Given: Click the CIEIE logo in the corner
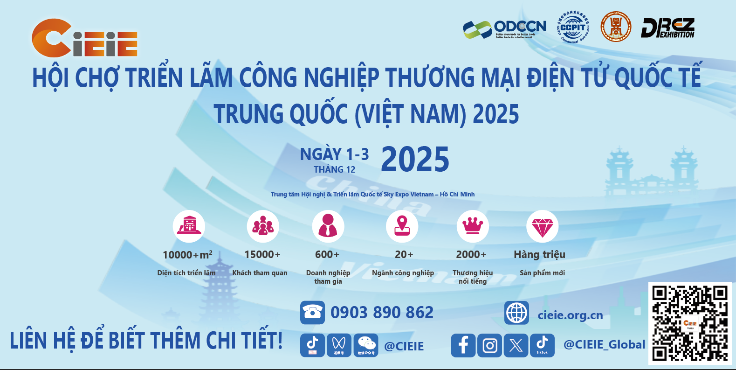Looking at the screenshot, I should (84, 38).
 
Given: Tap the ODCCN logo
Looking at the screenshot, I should (504, 29).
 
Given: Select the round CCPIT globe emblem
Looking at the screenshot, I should (573, 27).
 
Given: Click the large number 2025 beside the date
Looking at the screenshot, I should (415, 160).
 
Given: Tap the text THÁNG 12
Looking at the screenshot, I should (334, 170).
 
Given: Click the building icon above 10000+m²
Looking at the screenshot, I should (189, 226).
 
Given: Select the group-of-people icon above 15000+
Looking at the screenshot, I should (263, 226).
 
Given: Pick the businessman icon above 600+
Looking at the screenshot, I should (328, 226).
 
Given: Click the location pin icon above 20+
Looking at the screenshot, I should (402, 226).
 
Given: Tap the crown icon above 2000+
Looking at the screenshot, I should (473, 226).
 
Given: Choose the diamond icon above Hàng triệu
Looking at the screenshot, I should (542, 226).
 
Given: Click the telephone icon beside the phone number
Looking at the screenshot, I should (312, 313).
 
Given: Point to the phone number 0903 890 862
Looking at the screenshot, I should (382, 313).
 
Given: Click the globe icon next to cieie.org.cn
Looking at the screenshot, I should (516, 313).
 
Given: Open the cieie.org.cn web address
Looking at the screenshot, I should (570, 315).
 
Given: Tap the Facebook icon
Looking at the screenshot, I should (463, 346).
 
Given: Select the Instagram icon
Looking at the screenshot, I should (489, 346).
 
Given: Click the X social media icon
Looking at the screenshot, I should (516, 346).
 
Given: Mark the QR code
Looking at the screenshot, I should (689, 323).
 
